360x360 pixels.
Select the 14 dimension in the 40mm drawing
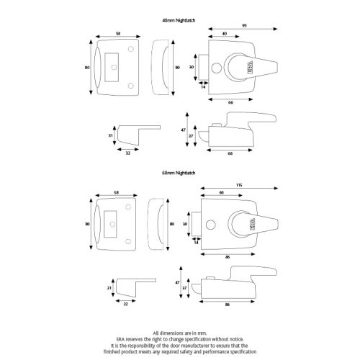pyautogui.click(x=204, y=87)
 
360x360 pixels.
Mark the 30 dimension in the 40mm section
pyautogui.click(x=192, y=68)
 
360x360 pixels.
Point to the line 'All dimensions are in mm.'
pyautogui.click(x=179, y=332)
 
